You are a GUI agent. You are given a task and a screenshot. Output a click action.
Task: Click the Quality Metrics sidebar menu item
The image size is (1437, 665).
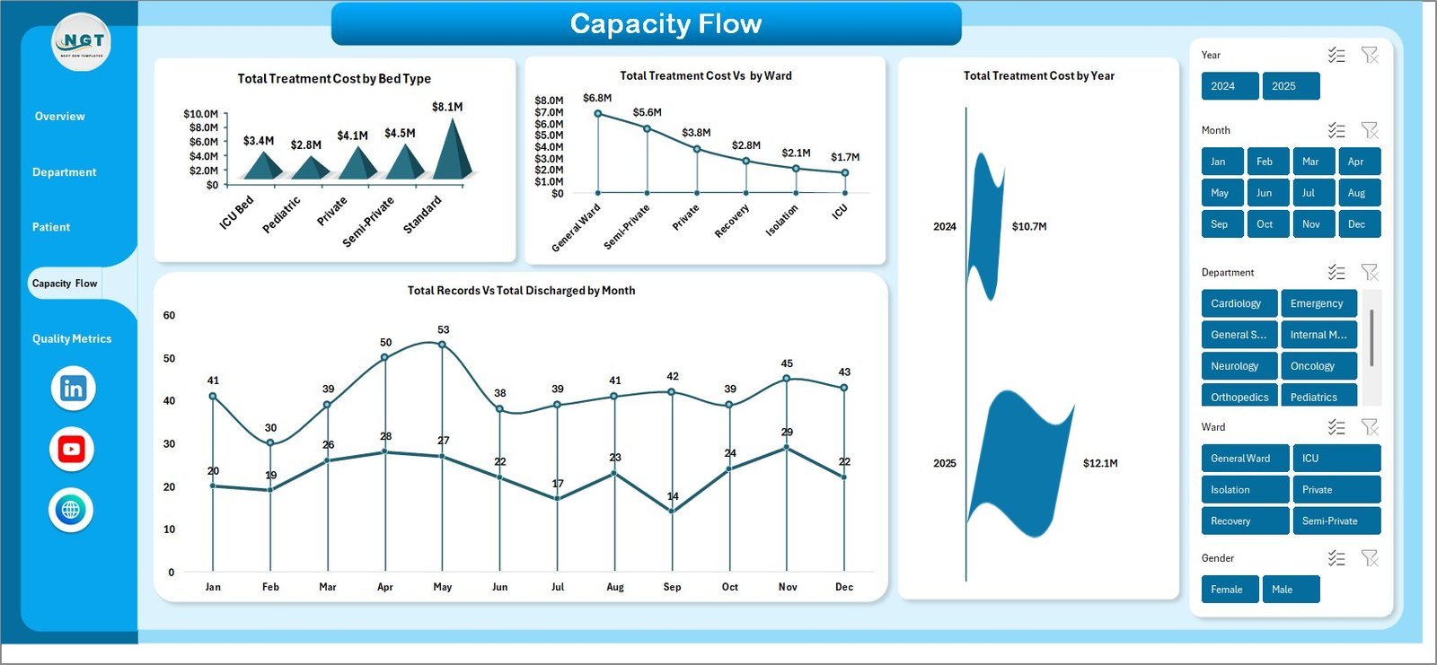point(72,338)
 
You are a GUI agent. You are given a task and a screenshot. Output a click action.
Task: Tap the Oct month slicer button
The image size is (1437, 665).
point(1265,224)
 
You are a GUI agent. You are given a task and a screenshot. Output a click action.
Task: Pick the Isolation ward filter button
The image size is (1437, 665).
point(1244,490)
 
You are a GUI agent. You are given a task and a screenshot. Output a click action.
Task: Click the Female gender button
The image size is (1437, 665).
point(1229,590)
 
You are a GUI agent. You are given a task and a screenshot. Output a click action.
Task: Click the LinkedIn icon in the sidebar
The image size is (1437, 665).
point(72,389)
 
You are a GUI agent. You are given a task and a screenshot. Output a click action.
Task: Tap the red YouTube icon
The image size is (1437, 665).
point(72,450)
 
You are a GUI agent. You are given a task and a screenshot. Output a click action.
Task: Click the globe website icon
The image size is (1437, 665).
point(71,510)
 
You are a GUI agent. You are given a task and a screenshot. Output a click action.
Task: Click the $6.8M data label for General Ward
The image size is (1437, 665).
point(597,98)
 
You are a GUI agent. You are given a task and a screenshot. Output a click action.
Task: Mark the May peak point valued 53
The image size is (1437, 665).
point(442,345)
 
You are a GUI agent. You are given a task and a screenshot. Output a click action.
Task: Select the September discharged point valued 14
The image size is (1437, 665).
point(672,512)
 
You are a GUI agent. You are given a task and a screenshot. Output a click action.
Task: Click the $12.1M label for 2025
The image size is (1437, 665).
point(1099,464)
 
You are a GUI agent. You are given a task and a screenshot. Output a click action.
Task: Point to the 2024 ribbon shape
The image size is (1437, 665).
point(985,226)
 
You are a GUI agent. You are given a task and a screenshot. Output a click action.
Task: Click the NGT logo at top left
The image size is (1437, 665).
point(82,42)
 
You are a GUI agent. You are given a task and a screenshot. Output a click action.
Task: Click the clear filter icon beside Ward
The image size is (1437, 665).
point(1370,427)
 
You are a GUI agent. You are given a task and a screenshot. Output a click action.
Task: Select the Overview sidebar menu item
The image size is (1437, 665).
point(59,117)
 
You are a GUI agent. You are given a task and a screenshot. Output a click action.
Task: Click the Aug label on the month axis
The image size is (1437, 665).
point(615,587)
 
